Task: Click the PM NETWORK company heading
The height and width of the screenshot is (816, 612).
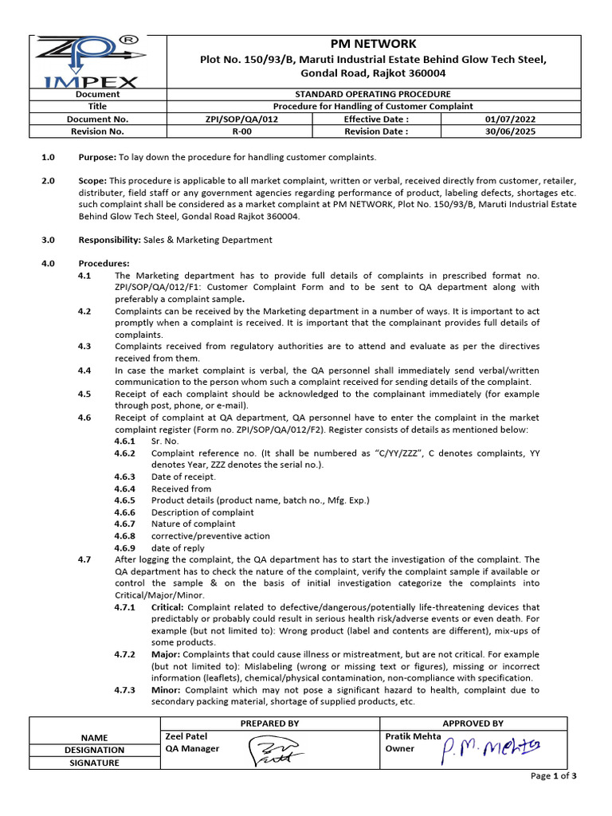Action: [372, 44]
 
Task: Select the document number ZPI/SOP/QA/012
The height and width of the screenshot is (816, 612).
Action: [241, 119]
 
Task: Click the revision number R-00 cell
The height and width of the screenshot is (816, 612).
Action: [241, 131]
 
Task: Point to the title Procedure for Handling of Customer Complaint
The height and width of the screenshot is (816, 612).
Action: [372, 106]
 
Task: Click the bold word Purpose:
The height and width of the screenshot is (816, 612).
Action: [96, 157]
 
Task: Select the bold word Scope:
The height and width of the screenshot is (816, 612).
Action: [92, 182]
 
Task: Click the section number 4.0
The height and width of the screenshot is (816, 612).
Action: [48, 264]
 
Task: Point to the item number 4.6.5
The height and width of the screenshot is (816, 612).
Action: [124, 500]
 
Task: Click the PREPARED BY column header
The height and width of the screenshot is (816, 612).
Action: [270, 724]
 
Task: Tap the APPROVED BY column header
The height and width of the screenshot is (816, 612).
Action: [473, 724]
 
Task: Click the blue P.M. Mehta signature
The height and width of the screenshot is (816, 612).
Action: [490, 747]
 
